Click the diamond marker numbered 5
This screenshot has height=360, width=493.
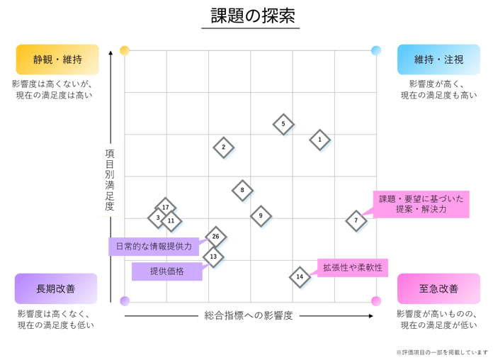coord(283,124)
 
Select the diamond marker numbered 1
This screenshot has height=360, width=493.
coord(319,140)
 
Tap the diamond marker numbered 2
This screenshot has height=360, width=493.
coord(224,147)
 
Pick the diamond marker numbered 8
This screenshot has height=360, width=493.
coord(242,191)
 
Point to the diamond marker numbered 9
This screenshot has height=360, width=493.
coord(261,216)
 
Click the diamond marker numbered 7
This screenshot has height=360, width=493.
coord(356,220)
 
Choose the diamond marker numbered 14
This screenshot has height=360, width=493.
coord(300,277)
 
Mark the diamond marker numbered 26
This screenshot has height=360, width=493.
coord(215,237)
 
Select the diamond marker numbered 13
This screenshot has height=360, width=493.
coord(213,257)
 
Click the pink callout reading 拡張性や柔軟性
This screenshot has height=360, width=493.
coord(353,268)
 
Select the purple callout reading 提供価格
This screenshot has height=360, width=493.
coord(167,271)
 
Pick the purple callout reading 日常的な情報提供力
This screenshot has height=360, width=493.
coord(154,247)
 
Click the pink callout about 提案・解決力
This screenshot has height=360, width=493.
coord(421,204)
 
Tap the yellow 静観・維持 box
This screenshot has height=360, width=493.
coord(57,60)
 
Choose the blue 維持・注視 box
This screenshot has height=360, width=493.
coord(439,60)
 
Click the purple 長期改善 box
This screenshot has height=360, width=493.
coord(56,288)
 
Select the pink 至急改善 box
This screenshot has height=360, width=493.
coord(439,288)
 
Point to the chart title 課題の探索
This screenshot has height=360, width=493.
coord(252,16)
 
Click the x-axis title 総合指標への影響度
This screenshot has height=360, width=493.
coord(249,315)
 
